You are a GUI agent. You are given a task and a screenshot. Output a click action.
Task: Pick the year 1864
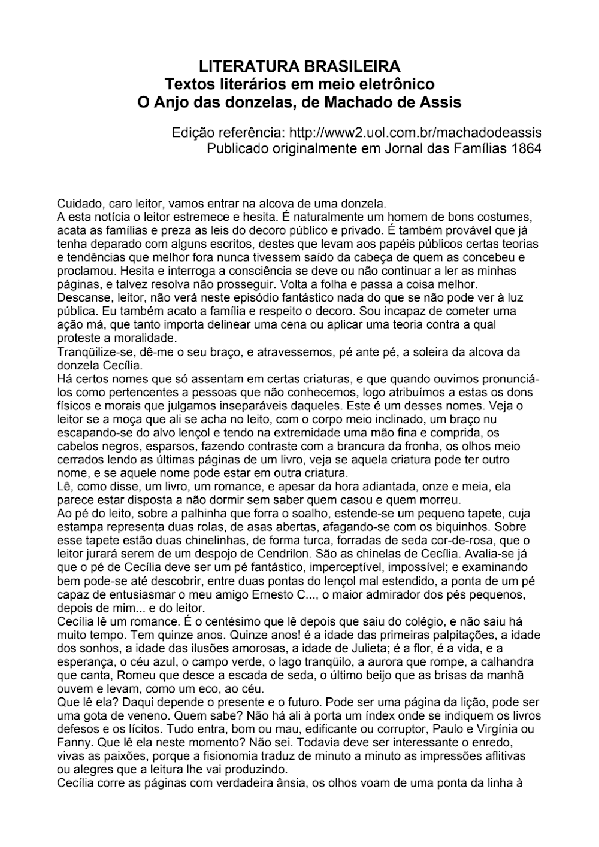[x=527, y=148]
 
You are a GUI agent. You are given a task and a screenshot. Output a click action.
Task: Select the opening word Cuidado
[x=78, y=204]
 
